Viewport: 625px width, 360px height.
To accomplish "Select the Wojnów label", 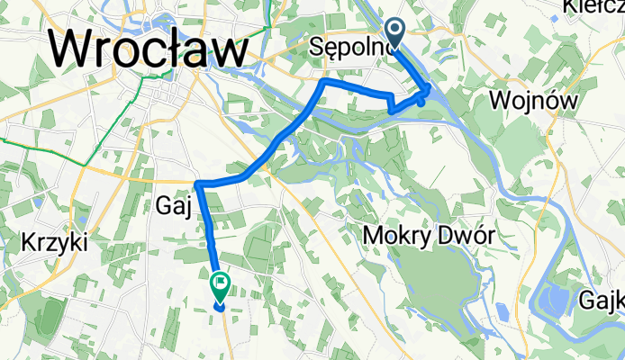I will click(533, 100).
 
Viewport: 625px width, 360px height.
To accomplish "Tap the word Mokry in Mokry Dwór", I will click(395, 236).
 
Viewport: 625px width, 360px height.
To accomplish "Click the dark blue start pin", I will click(396, 34).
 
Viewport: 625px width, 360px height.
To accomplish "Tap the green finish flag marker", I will click(219, 284).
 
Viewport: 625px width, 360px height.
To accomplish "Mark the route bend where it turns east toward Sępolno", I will click(322, 82).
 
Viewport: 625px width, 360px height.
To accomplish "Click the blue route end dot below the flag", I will click(220, 305).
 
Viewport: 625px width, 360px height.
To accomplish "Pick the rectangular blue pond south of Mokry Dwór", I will click(502, 312).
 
